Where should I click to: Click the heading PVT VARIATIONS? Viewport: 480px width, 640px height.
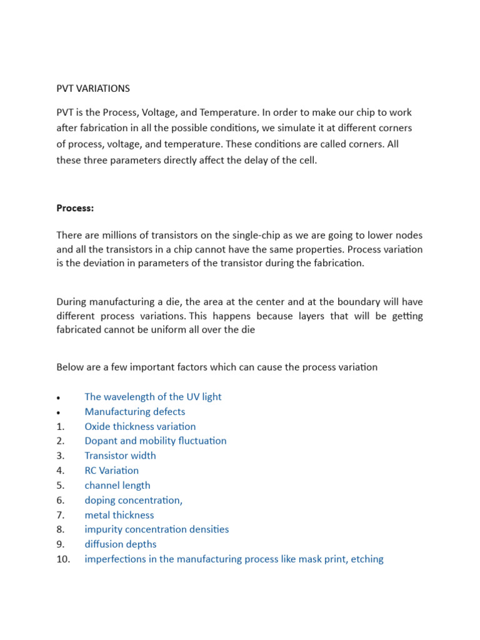93,88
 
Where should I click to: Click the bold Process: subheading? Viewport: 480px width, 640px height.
75,208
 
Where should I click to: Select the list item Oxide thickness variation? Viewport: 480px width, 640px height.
140,426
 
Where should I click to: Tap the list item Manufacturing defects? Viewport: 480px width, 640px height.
135,411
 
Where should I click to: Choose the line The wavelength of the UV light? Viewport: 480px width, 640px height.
153,397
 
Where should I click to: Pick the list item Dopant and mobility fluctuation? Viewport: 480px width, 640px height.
156,441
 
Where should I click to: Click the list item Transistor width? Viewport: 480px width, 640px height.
121,456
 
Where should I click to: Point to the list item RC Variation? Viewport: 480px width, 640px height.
112,470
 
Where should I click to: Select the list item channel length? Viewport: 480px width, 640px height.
117,485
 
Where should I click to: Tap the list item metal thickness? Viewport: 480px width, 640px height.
119,515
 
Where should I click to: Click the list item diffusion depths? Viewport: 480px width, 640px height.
121,544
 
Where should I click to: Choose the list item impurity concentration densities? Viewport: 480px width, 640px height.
157,529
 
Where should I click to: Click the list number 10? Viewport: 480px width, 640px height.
63,559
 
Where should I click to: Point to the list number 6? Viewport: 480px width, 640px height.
61,500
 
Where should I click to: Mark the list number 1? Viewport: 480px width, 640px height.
61,426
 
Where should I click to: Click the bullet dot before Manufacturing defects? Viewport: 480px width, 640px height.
58,412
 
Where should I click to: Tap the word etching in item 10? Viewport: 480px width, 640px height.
367,559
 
